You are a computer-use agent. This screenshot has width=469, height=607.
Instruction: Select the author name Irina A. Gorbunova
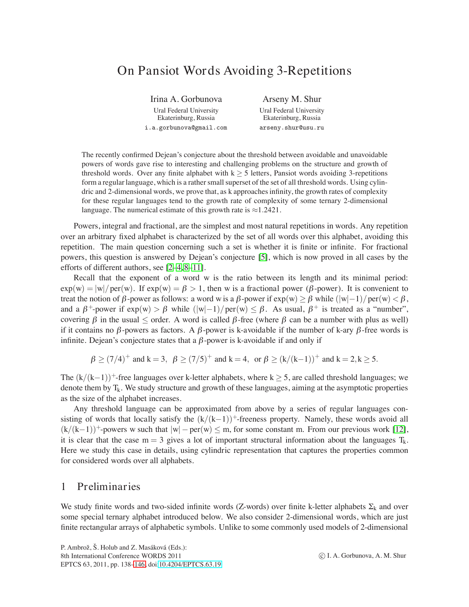186,99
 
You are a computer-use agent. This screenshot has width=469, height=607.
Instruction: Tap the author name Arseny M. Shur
292,99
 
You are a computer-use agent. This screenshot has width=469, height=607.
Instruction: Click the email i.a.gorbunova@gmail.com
186,128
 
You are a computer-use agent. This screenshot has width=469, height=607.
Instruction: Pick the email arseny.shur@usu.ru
292,128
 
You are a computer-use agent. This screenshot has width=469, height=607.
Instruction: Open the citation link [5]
263,257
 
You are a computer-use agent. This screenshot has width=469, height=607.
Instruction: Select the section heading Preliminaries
109,486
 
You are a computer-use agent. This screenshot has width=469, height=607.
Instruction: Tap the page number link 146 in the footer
140,565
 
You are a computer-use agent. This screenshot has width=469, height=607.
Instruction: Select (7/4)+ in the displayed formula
118,359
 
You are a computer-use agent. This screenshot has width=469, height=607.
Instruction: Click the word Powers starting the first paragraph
86,226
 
